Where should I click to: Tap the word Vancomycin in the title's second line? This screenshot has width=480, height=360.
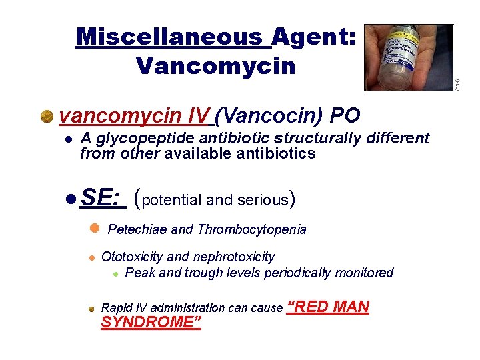(x=215, y=66)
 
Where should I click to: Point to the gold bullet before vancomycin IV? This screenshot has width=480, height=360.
(x=47, y=117)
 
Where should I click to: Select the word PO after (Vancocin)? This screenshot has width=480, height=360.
(x=345, y=116)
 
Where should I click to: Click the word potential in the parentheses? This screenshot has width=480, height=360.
(x=173, y=199)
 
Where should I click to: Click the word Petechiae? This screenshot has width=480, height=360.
(x=137, y=230)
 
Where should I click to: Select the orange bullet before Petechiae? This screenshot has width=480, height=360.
(x=94, y=228)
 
